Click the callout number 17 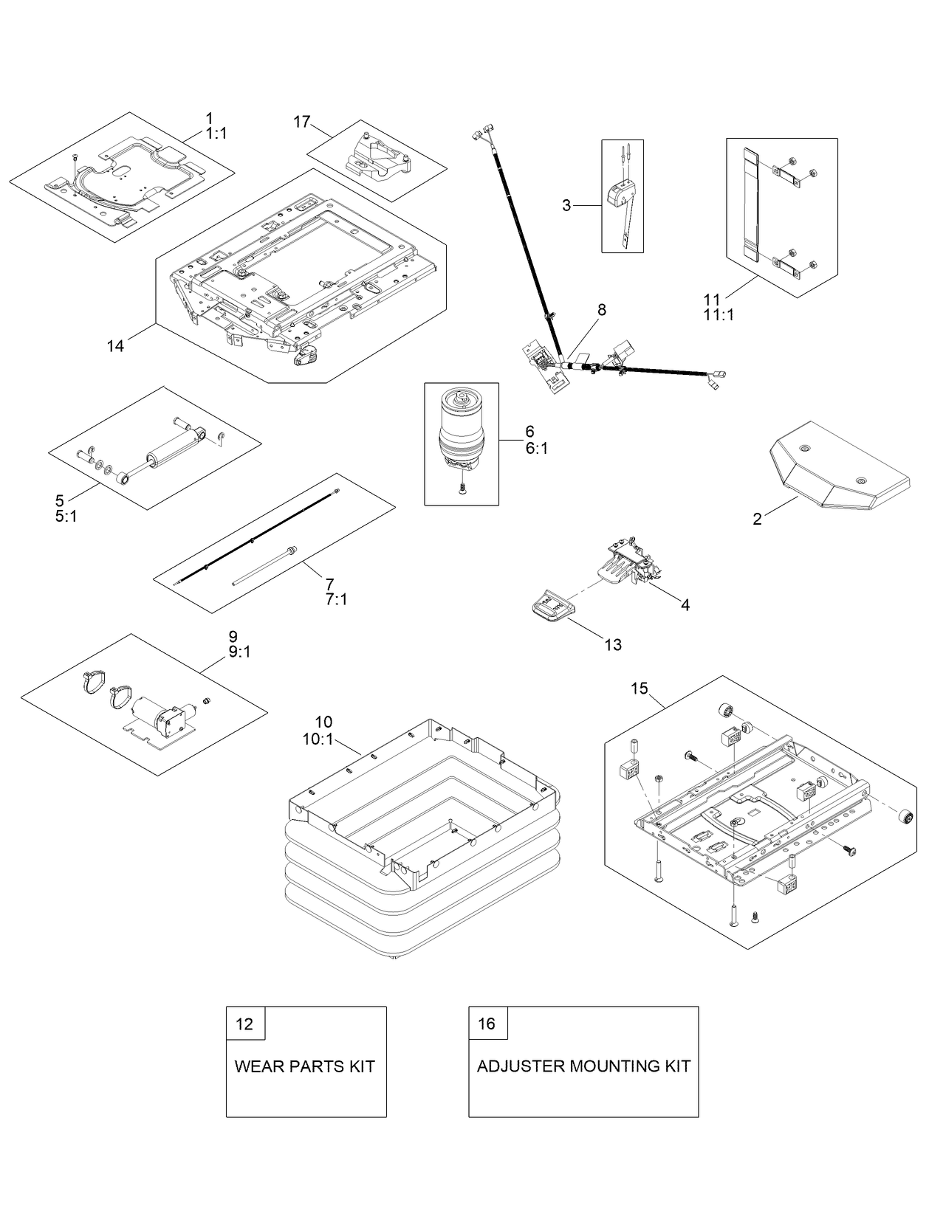[x=302, y=122]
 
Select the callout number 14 [x=115, y=345]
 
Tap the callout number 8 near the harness [x=602, y=310]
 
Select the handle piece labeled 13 [x=550, y=609]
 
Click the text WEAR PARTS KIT [x=304, y=1066]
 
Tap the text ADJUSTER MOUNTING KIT [x=583, y=1066]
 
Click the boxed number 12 [x=244, y=1024]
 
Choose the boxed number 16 [x=487, y=1024]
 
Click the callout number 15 [x=639, y=689]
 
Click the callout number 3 [x=566, y=205]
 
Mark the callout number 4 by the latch [x=685, y=605]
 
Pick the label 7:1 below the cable [x=336, y=599]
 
